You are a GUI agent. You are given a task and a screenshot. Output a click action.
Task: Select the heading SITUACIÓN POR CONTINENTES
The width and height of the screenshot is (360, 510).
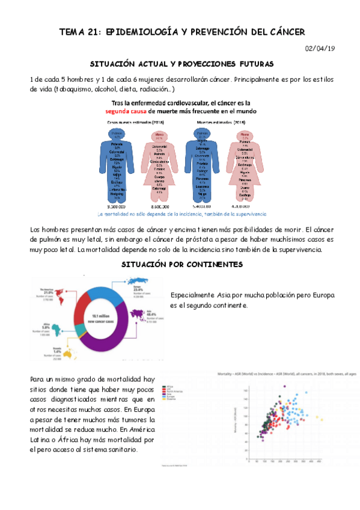pos(181,264)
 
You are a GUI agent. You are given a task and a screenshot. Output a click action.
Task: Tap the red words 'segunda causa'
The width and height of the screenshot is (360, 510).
pos(128,111)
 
